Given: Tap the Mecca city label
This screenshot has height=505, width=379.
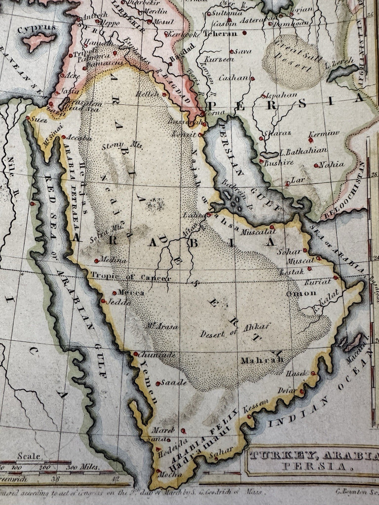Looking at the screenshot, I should click(x=131, y=293).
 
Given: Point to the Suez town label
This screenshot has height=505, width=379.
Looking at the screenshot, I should click(x=37, y=119).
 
